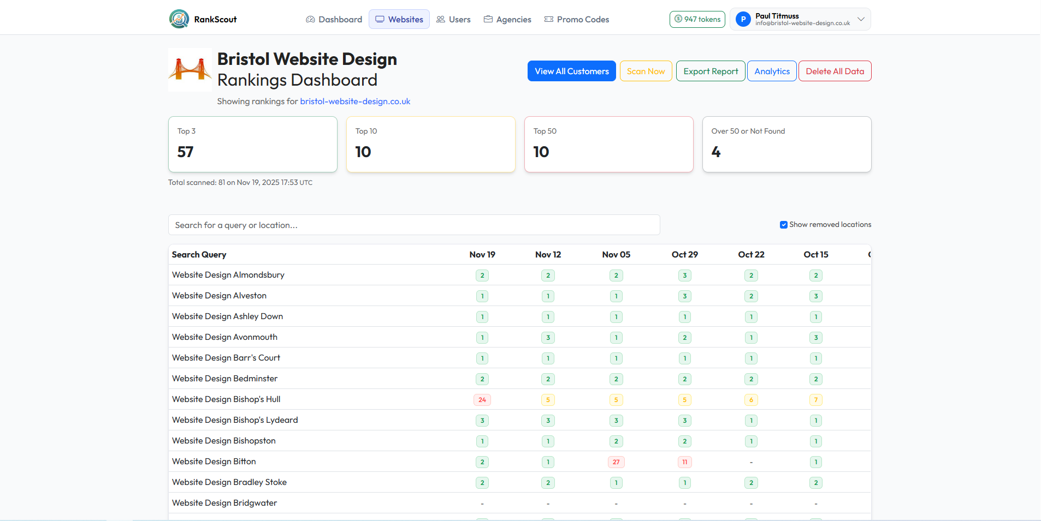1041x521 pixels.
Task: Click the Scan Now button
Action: (646, 71)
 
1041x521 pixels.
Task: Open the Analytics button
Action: (772, 71)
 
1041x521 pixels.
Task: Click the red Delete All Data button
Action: (835, 71)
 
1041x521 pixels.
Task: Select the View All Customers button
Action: (571, 71)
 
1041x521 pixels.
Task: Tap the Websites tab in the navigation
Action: (399, 20)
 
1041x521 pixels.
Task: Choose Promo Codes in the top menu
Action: (577, 20)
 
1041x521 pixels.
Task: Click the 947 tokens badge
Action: (697, 20)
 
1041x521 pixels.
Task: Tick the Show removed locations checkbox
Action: (784, 225)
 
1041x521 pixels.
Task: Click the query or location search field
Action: (414, 225)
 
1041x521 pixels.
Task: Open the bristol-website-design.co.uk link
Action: (355, 101)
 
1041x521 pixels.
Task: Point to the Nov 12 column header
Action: (548, 255)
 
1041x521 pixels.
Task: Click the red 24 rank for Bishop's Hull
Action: (482, 400)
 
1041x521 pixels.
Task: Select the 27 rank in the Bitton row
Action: (616, 462)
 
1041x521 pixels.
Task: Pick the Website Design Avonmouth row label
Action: (224, 337)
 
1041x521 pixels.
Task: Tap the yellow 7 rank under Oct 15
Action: (816, 400)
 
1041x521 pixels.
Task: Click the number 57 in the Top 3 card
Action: (186, 152)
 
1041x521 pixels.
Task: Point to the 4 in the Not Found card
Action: (716, 152)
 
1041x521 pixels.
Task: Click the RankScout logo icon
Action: (179, 19)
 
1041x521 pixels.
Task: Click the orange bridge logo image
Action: (190, 70)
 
